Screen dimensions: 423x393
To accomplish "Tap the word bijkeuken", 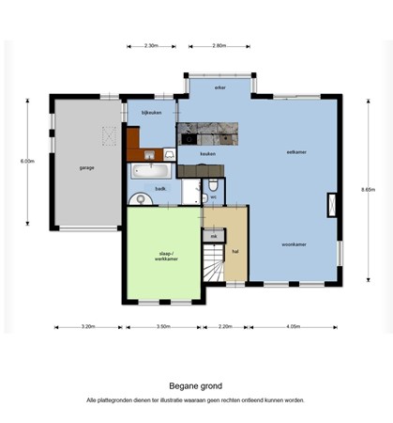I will pos(152,113).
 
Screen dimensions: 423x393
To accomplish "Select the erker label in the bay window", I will pos(219,88).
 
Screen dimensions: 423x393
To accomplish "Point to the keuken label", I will pos(208,154).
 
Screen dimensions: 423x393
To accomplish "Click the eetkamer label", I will pos(297,151).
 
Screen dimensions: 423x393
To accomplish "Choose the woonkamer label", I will pos(295,244).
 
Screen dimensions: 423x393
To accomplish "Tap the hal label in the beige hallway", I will pos(235,251).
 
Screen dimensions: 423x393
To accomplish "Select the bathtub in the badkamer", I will pos(150,171).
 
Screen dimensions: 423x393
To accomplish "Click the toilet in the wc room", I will pos(214,184).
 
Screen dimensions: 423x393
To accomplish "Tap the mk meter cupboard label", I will pos(214,235).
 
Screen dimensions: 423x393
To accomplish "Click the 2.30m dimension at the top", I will pos(151,45).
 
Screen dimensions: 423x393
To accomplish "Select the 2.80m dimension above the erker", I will pos(219,45).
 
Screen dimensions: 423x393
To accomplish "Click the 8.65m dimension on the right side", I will pos(367,189).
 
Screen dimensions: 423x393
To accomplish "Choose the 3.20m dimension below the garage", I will pos(88,327).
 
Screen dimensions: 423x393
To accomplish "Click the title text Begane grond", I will pos(196,384).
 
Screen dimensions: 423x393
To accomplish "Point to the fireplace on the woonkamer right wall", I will pos(329,204).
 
